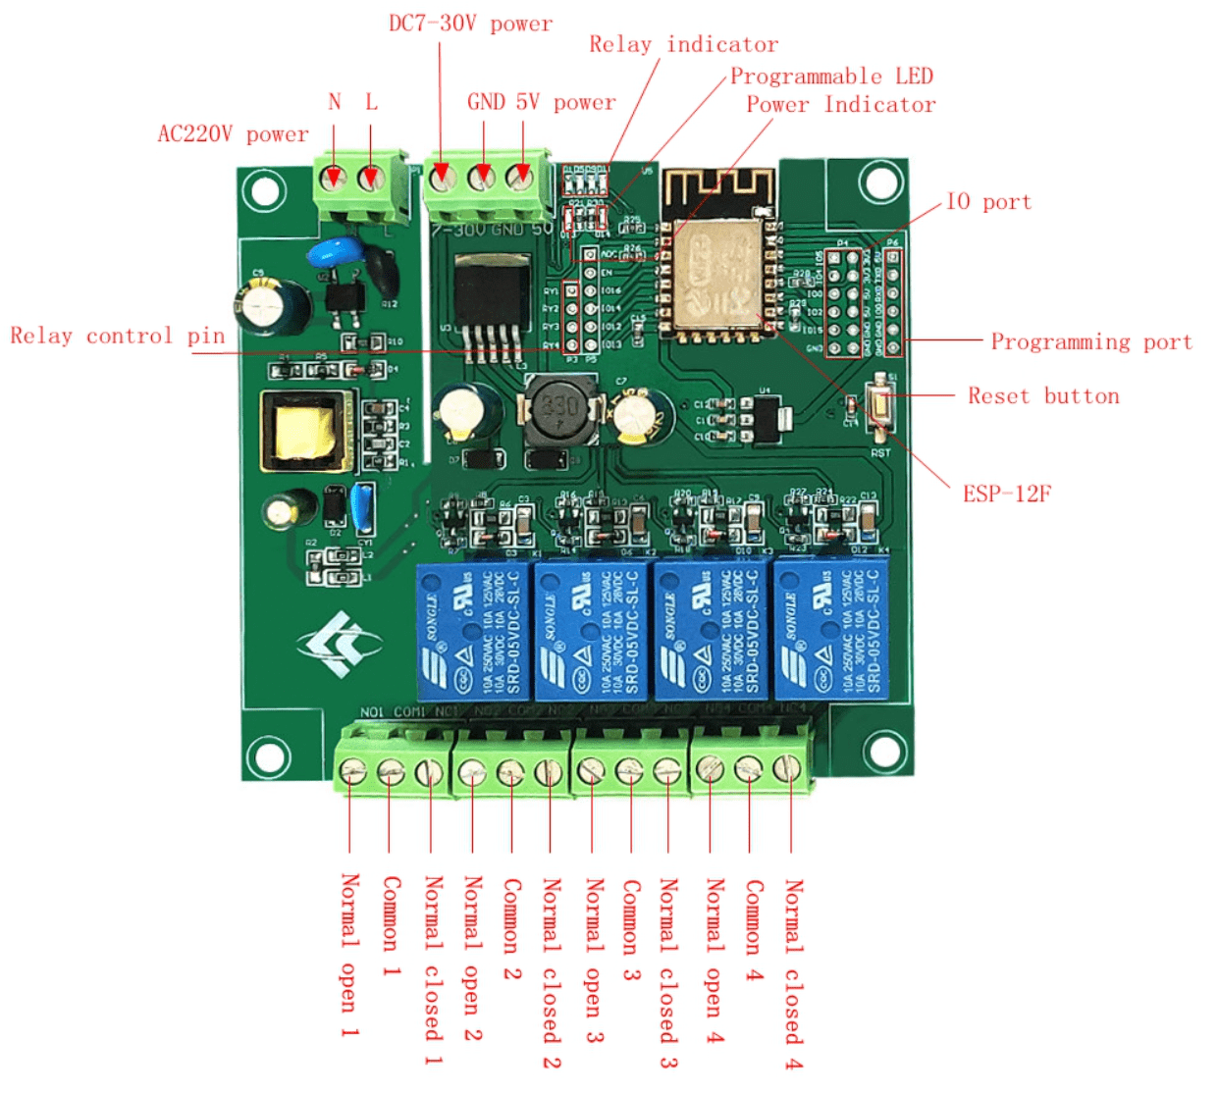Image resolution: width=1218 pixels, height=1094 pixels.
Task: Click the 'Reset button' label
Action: [x=1043, y=396]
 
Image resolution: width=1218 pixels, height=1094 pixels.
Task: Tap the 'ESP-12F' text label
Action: [x=1007, y=494]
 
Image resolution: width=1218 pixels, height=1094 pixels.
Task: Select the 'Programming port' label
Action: [x=1091, y=342]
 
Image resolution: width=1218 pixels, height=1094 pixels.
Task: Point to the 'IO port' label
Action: [x=988, y=202]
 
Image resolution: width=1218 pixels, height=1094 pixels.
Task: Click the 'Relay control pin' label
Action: [x=118, y=337]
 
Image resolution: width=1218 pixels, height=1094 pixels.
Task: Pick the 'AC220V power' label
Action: [x=234, y=134]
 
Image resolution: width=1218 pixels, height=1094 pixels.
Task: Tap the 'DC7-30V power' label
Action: [x=470, y=24]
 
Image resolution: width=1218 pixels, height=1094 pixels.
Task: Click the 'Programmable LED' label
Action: [x=831, y=77]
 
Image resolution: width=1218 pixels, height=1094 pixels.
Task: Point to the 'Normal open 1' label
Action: [x=349, y=956]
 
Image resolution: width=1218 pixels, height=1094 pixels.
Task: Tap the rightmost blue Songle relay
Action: [x=832, y=630]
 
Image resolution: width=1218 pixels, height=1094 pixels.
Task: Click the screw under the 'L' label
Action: [x=370, y=179]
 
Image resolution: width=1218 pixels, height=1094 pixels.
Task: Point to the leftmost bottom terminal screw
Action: [x=352, y=772]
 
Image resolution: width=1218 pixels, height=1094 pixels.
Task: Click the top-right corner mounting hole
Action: [x=880, y=182]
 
